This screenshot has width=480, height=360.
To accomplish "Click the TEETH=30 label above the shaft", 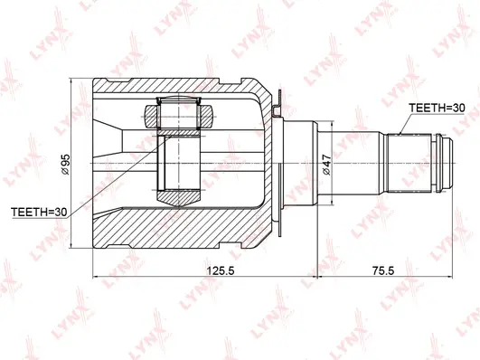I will point(436,108).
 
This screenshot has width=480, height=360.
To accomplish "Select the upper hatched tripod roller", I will point(178,115).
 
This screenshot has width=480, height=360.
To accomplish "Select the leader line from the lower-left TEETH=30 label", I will point(99,185).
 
